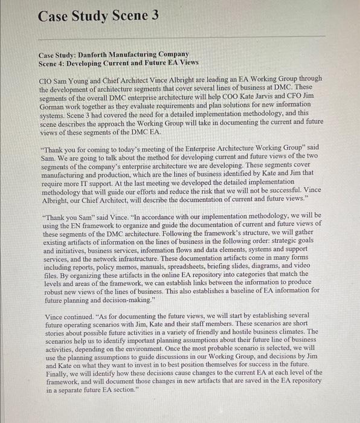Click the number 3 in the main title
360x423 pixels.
coord(154,16)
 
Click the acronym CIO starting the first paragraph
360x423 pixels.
coord(47,79)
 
